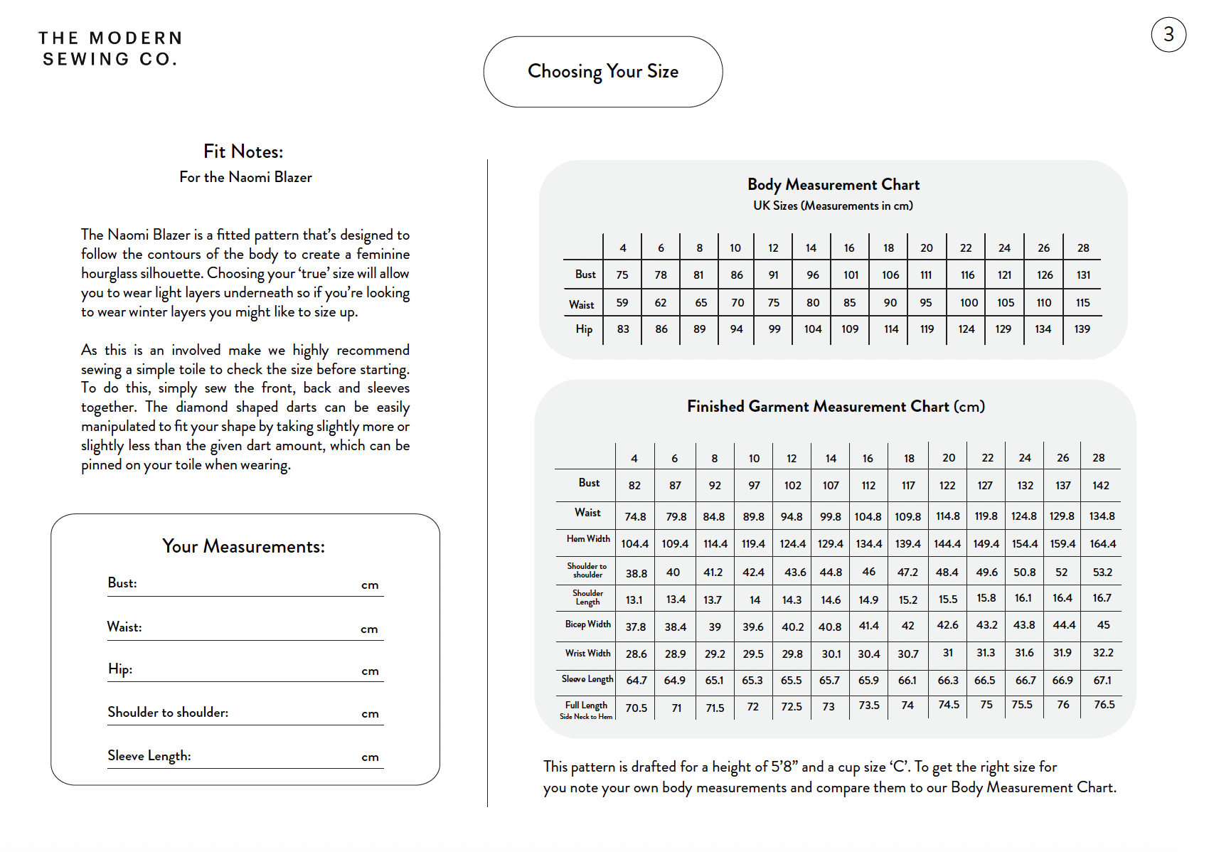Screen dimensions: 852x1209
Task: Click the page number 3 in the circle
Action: click(x=1168, y=34)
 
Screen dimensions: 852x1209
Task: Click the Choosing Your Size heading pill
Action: click(x=603, y=72)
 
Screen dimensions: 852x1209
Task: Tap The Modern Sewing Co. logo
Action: click(x=110, y=48)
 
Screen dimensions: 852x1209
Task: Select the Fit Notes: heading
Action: click(x=243, y=151)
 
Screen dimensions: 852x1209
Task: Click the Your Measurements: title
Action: click(x=243, y=546)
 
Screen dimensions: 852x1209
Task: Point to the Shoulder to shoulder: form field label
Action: click(x=168, y=713)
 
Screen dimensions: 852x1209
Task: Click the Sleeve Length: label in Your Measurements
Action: click(x=149, y=755)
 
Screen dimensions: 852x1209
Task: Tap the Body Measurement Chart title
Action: click(x=833, y=185)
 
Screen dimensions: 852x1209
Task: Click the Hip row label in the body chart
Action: click(x=584, y=329)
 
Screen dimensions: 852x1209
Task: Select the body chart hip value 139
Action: click(x=1082, y=329)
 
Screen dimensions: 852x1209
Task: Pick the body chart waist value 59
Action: click(x=622, y=303)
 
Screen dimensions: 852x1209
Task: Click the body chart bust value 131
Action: click(x=1083, y=275)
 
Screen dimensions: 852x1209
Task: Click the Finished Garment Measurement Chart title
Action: click(x=836, y=407)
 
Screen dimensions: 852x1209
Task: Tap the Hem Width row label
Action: click(x=588, y=539)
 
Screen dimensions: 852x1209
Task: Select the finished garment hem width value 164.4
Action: click(x=1102, y=544)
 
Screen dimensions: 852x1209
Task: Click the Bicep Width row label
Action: click(x=587, y=624)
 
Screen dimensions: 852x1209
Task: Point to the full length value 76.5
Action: click(x=1104, y=705)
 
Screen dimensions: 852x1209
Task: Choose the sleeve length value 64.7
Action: click(x=637, y=681)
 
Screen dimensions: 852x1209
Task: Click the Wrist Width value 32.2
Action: click(x=1103, y=653)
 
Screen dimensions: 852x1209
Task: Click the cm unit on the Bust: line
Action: click(x=370, y=585)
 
